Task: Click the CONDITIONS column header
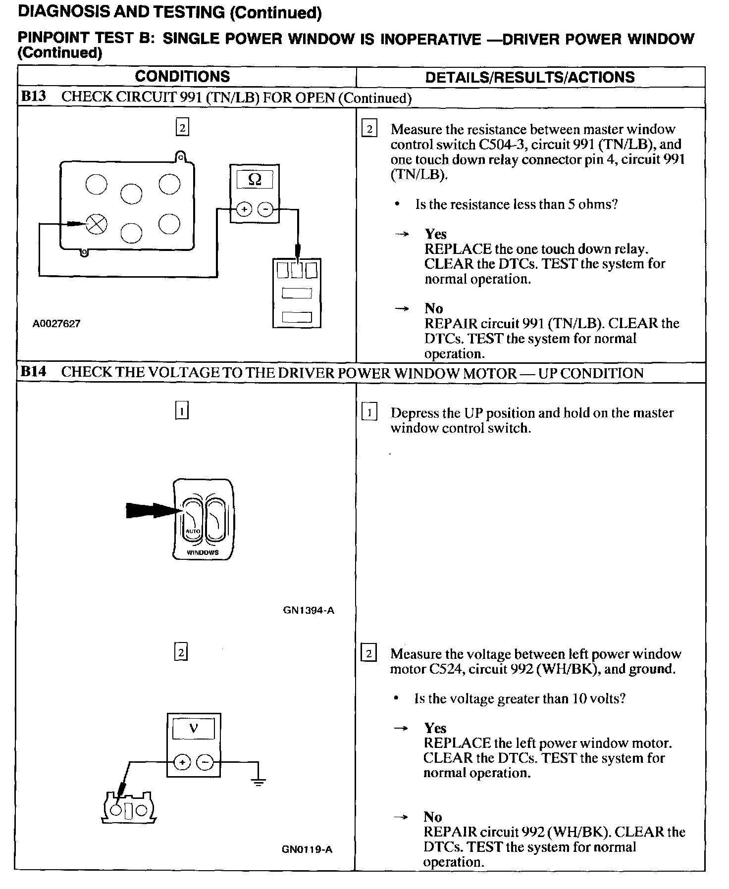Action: [x=182, y=76]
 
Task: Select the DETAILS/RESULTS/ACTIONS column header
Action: [x=529, y=77]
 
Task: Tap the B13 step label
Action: [x=34, y=96]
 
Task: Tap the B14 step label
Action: [x=34, y=372]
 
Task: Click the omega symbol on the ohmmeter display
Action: [x=255, y=179]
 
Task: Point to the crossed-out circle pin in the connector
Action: [x=97, y=225]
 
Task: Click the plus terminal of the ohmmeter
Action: [x=244, y=210]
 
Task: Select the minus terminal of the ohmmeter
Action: [x=265, y=210]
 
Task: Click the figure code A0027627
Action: [x=56, y=324]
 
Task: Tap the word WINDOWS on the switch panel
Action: [x=203, y=552]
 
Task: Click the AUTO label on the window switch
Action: [x=192, y=531]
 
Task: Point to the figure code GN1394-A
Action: [x=309, y=610]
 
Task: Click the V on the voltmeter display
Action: [x=194, y=728]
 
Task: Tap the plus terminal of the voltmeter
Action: [x=182, y=762]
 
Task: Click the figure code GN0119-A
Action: [x=307, y=849]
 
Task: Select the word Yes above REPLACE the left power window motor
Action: [x=435, y=728]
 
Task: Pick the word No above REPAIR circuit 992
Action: [x=432, y=817]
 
